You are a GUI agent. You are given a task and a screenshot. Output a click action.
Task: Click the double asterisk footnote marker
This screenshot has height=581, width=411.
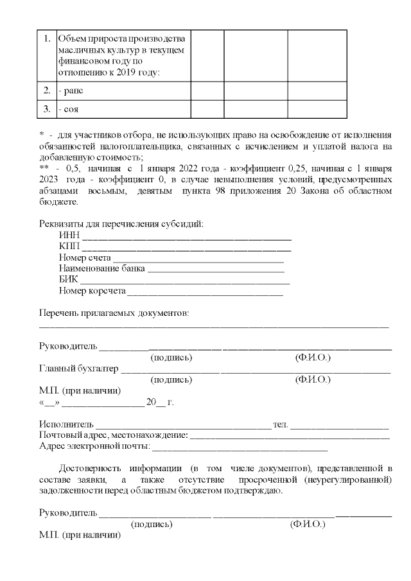[44, 168]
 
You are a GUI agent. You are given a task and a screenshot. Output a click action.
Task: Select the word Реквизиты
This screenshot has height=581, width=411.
[62, 224]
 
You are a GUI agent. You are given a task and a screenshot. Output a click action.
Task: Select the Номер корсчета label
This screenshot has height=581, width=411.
[92, 291]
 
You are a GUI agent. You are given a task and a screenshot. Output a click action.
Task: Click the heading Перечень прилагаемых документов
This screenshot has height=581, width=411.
[114, 313]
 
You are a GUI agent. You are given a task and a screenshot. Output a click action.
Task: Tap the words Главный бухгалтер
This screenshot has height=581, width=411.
[79, 369]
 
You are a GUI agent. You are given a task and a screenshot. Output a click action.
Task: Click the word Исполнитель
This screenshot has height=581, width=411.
[66, 425]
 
